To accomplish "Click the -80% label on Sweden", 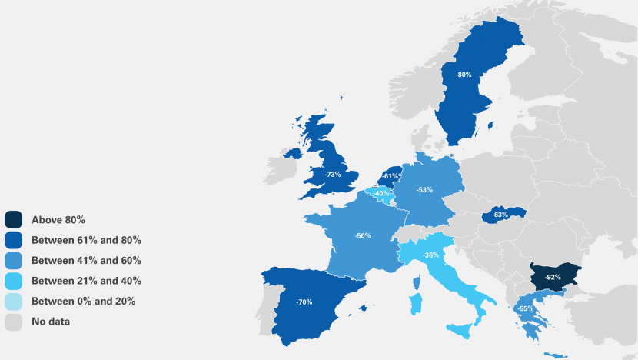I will point(464,75).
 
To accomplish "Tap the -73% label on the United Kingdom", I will point(333,175).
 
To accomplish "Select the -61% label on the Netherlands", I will point(390,176).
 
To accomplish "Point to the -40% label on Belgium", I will point(381,193).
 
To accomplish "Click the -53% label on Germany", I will point(424,188).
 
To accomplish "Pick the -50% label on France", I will point(363,235).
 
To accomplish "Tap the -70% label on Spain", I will point(304,302).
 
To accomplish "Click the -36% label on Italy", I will point(431,255).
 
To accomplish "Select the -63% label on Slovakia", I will point(500,215).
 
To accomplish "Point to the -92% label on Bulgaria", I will point(552,275).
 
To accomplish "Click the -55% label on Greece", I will point(526,308).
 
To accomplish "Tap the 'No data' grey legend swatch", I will point(14,322).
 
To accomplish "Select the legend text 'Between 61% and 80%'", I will point(86,240).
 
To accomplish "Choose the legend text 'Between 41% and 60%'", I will point(86,261).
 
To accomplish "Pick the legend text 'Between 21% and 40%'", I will point(86,281).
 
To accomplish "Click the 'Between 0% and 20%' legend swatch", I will point(14,302).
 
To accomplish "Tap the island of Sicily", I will point(460,331).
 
